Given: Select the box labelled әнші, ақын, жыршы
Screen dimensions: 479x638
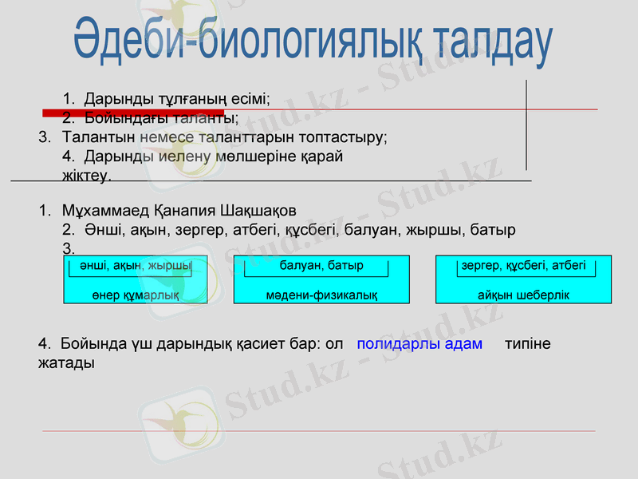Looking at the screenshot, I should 135,265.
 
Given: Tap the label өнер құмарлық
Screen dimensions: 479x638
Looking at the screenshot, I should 135,295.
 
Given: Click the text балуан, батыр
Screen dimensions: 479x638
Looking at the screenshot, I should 321,265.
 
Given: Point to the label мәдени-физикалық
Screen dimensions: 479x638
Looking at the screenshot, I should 321,295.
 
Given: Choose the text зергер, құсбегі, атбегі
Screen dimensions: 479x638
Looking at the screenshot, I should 523,265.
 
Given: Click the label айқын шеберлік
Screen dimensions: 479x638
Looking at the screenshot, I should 523,295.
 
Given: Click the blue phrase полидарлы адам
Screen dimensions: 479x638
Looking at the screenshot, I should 419,344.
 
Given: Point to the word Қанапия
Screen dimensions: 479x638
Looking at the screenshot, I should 183,211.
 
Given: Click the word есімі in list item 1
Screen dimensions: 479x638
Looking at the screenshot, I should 250,99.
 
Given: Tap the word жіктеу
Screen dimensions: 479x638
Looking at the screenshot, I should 86,174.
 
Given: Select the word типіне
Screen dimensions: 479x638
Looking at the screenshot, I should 527,344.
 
